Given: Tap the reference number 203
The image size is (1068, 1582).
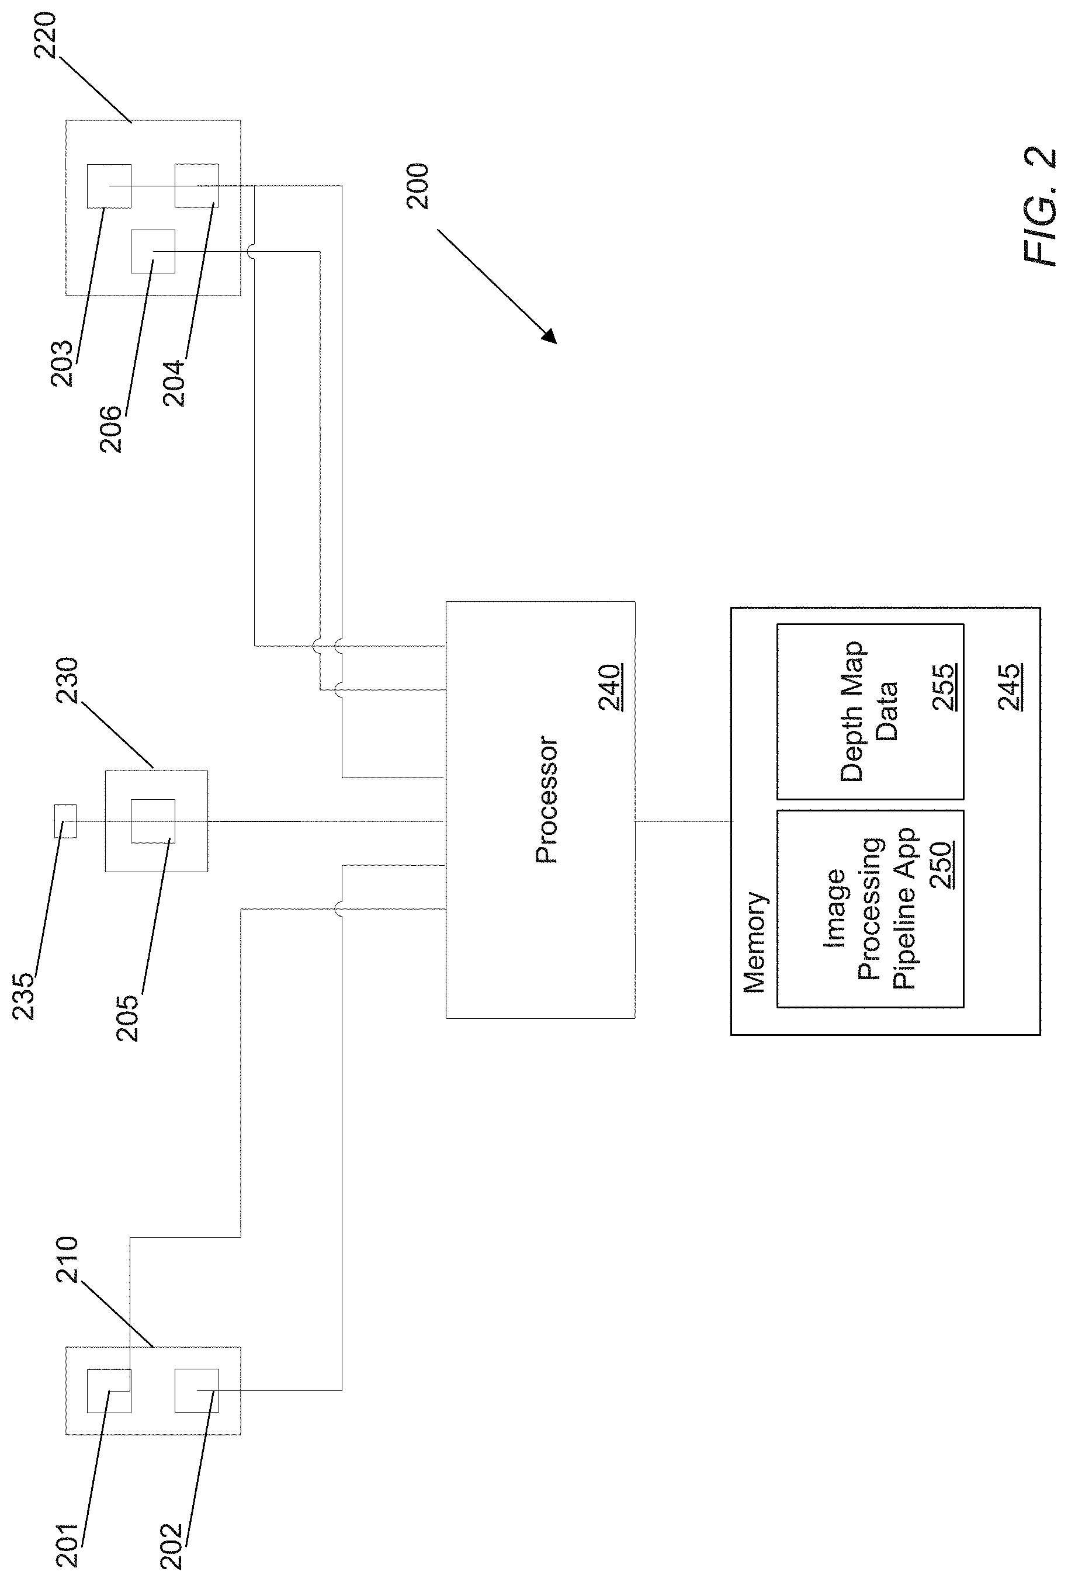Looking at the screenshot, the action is [x=62, y=363].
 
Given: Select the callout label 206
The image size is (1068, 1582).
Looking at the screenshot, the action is [x=111, y=429].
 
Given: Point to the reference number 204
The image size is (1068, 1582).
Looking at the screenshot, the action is [x=174, y=383].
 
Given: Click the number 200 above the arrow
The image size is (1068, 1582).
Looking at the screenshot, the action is [x=417, y=186].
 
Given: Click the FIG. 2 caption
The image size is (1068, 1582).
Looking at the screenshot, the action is [x=1039, y=207].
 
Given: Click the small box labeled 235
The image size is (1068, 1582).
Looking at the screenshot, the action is [x=65, y=821].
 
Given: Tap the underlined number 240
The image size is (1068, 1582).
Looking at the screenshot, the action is [x=611, y=688].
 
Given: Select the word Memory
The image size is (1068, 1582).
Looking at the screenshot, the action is [x=754, y=942].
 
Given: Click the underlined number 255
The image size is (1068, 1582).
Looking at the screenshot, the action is [x=944, y=688].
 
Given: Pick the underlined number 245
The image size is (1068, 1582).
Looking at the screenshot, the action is [x=1010, y=688].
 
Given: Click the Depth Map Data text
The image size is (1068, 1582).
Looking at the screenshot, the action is [x=869, y=712].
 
